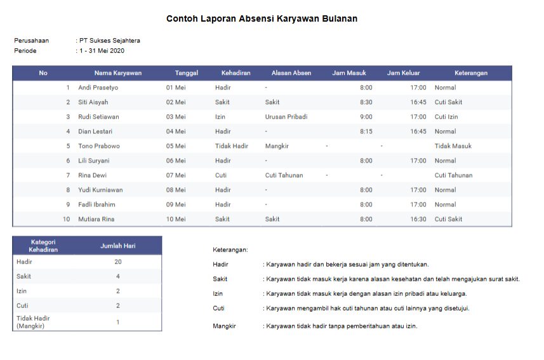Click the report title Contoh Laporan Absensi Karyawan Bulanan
(262, 19)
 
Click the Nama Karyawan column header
(118, 73)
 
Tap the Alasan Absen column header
(291, 73)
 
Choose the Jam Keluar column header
(404, 73)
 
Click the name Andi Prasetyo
(98, 88)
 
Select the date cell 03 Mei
(176, 117)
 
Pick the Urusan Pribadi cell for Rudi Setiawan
(286, 117)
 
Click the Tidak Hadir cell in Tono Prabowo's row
(231, 146)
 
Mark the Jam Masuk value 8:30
(366, 102)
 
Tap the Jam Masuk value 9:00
(366, 117)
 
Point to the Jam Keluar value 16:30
(418, 219)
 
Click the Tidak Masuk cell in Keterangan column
(453, 146)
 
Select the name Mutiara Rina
(96, 219)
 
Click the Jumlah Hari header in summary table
(118, 246)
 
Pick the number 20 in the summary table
(118, 262)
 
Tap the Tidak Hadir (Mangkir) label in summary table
(33, 322)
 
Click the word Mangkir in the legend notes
(224, 326)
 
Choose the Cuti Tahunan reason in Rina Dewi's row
(284, 175)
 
